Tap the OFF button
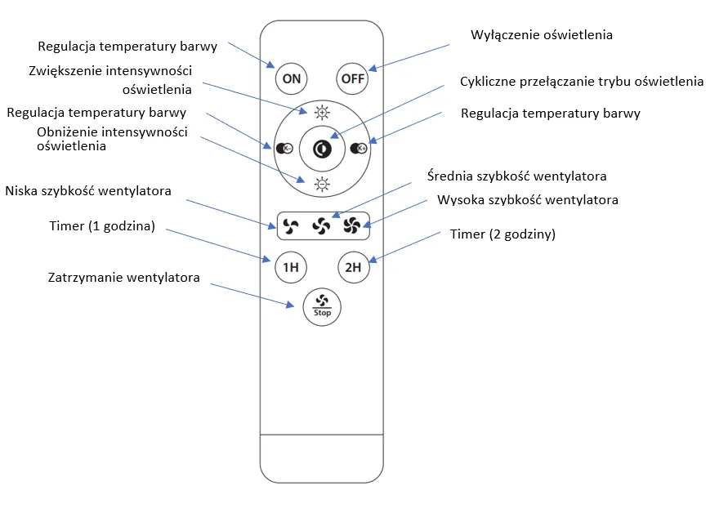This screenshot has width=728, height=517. (x=352, y=78)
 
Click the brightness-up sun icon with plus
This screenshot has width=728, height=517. (x=322, y=113)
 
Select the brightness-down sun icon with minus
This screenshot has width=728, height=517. (x=322, y=185)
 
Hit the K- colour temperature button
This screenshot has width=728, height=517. (x=284, y=149)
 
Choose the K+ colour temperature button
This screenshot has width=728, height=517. (x=359, y=149)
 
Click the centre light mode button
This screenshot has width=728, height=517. (x=322, y=149)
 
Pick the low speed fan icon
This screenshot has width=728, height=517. (x=291, y=226)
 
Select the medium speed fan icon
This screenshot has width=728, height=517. (x=321, y=226)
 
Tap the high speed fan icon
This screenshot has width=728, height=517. (x=352, y=226)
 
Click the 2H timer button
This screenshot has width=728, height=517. (x=353, y=267)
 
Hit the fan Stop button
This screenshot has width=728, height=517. (x=322, y=307)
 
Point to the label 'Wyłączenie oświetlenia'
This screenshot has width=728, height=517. (x=542, y=35)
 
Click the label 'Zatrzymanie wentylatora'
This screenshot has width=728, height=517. (x=124, y=278)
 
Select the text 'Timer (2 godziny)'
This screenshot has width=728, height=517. (x=502, y=234)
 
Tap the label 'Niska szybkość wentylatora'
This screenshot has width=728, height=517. (x=88, y=191)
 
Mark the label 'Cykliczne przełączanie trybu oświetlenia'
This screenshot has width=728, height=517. (x=582, y=82)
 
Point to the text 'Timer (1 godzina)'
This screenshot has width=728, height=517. (x=102, y=226)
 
